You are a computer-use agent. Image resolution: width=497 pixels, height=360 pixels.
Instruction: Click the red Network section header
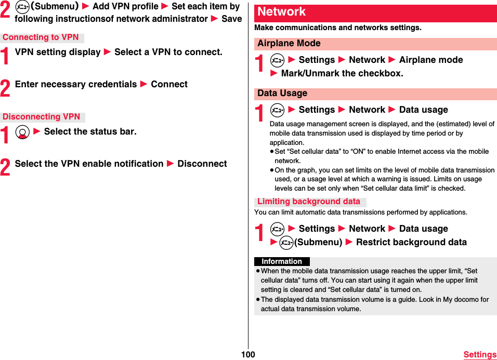(x=282, y=12)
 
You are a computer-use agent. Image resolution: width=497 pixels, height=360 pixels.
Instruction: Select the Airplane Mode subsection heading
(x=289, y=44)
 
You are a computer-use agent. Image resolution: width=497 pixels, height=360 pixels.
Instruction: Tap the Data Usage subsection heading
(x=282, y=94)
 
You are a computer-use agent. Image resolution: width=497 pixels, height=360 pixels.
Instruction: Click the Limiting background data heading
(x=309, y=202)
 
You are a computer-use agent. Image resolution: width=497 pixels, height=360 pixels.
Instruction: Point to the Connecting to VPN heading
(x=41, y=37)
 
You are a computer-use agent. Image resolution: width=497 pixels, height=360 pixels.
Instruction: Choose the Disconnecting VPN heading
(x=42, y=117)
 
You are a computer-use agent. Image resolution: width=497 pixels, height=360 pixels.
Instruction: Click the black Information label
(x=282, y=261)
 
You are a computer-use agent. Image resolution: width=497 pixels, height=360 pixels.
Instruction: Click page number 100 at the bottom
(x=248, y=354)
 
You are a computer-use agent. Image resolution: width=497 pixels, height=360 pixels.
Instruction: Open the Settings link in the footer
(x=479, y=355)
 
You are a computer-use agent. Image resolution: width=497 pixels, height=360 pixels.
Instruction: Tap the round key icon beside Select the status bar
(x=21, y=132)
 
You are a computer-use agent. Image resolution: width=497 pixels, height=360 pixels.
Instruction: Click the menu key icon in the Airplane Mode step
(x=278, y=60)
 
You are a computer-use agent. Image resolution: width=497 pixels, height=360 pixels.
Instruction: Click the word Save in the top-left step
(x=231, y=19)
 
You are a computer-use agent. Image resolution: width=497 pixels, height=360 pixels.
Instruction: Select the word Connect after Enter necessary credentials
(x=169, y=84)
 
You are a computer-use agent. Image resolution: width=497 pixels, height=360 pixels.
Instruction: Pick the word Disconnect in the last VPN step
(x=202, y=164)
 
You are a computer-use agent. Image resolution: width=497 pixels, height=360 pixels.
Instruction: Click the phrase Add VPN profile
(x=125, y=6)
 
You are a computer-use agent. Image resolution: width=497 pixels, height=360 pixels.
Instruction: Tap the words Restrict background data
(x=411, y=242)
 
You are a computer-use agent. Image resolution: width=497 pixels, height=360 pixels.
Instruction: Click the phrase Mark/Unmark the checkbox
(x=342, y=73)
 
